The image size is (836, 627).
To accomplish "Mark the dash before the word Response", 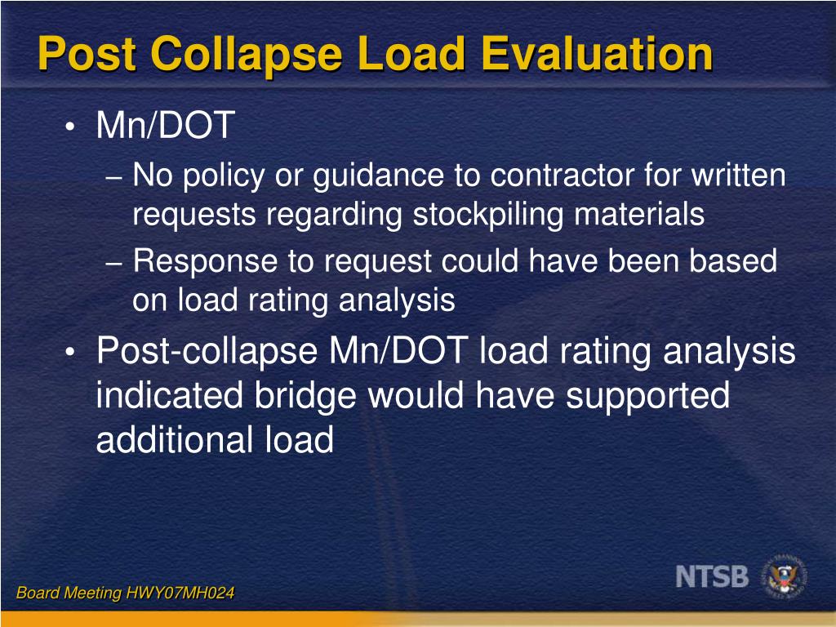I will [x=115, y=263].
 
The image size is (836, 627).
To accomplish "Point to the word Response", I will [x=205, y=262].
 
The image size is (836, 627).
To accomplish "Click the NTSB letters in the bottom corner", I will [x=712, y=576].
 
